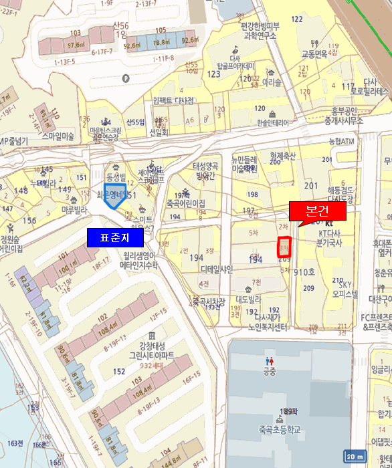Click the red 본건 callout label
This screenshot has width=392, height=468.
[x=316, y=211]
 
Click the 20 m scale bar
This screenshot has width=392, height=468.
[x=354, y=456]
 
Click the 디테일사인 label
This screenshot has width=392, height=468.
[x=217, y=269]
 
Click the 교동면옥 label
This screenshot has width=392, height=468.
[x=314, y=53]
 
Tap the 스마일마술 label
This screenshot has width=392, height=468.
[x=59, y=136]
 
